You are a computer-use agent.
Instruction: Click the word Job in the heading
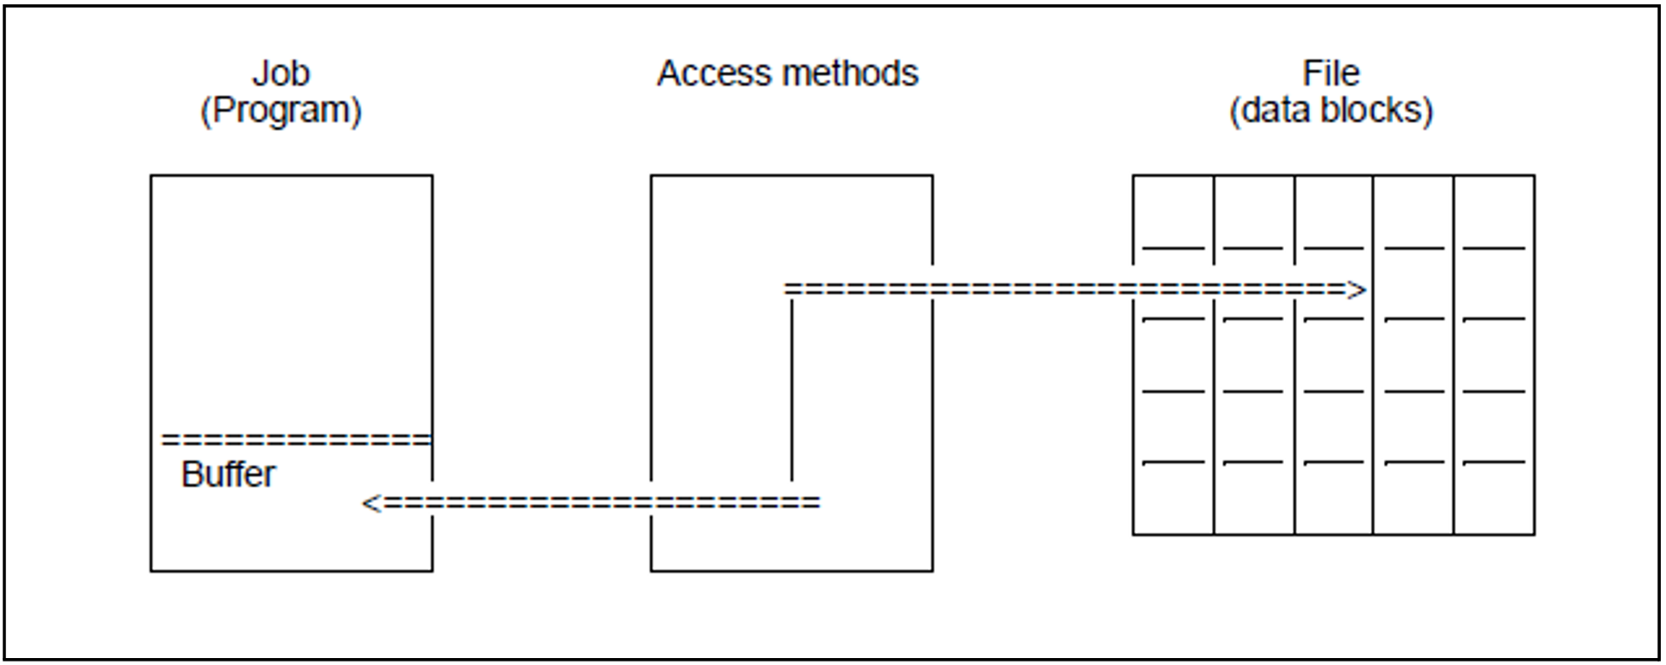(x=280, y=73)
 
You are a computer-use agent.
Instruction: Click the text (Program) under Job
(x=280, y=110)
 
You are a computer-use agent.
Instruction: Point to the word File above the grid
(x=1330, y=73)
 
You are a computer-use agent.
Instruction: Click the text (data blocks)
(x=1330, y=110)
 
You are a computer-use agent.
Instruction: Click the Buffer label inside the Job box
(x=227, y=474)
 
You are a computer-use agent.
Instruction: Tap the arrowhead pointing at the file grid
(x=1356, y=289)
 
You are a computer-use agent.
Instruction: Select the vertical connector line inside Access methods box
(x=791, y=391)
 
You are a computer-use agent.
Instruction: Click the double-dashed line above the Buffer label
(x=295, y=440)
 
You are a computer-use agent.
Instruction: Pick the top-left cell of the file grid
(x=1173, y=211)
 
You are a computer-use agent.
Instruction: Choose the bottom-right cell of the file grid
(x=1493, y=498)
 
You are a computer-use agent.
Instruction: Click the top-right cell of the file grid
(x=1493, y=211)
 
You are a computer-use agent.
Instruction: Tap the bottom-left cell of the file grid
(x=1173, y=498)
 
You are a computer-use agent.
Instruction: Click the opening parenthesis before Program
(x=205, y=111)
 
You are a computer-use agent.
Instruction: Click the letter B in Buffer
(x=190, y=474)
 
